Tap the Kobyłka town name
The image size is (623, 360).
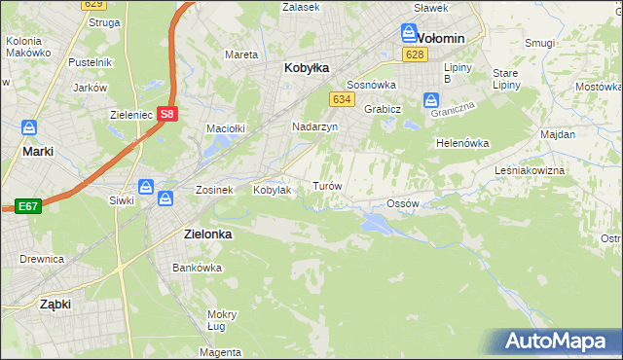(306, 68)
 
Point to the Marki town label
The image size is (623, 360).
(37, 152)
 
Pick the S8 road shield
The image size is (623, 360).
(166, 114)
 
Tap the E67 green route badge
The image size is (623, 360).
(26, 206)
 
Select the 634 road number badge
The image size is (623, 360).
(341, 99)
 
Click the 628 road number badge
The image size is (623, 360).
(416, 55)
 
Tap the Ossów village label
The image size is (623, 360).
(402, 203)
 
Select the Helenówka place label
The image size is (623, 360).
(461, 143)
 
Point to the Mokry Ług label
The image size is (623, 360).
(222, 320)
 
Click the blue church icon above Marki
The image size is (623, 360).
(29, 128)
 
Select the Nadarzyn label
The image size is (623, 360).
(314, 126)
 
